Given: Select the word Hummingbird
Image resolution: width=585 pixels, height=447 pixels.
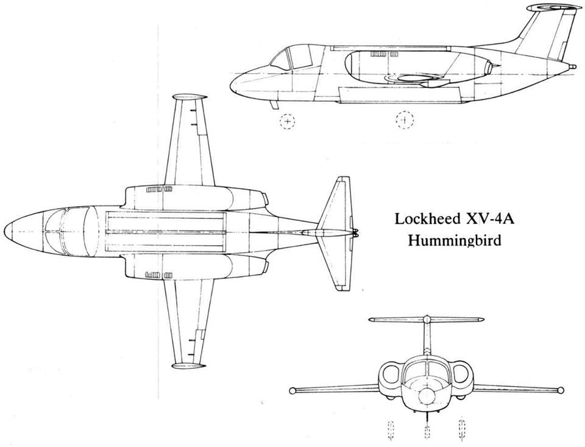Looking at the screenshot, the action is pos(455,240).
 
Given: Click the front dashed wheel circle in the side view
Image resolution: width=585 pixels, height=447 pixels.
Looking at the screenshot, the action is pos(287,121).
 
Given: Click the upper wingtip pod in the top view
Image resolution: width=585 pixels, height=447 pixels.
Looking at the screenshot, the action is pos(190,97).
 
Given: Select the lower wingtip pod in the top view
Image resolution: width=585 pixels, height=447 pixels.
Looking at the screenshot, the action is pos(188,365).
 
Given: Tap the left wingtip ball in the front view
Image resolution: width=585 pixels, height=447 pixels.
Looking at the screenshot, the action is pos(292,391).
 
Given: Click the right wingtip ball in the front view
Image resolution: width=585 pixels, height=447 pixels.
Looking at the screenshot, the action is pos(560,390).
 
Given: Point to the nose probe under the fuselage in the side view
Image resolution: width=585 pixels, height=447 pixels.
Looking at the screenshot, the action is pos(275,105).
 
